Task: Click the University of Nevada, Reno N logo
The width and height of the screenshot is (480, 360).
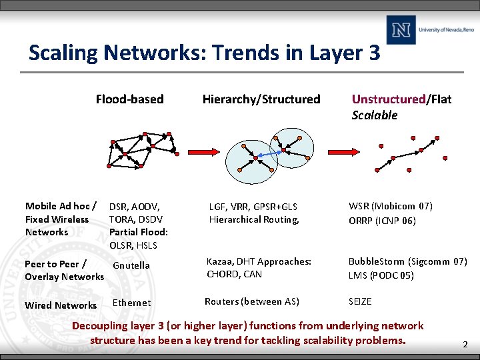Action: pos(401,30)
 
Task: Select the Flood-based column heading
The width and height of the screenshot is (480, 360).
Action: pos(129,99)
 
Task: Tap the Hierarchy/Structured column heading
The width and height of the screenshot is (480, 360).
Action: pos(261,99)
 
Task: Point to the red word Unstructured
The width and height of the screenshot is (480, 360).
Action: pos(389,99)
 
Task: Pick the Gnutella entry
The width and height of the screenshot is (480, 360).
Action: pos(131,265)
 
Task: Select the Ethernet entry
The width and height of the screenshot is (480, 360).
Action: pos(131,303)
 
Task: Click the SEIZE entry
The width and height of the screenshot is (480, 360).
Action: pos(360,302)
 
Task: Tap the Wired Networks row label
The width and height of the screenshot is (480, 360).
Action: pos(61,305)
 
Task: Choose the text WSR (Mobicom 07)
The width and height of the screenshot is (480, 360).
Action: pos(391,206)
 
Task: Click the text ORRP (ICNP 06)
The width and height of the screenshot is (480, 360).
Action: pos(382,221)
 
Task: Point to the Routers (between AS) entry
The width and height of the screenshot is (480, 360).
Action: pos(252,302)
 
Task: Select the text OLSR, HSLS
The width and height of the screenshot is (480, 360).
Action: pos(133,245)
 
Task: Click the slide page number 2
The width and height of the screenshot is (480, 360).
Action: pos(465,345)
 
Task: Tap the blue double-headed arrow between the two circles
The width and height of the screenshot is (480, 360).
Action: pos(268,155)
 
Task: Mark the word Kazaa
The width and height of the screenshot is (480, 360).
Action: pos(220,261)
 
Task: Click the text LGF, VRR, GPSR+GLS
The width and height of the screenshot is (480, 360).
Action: pos(253,207)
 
